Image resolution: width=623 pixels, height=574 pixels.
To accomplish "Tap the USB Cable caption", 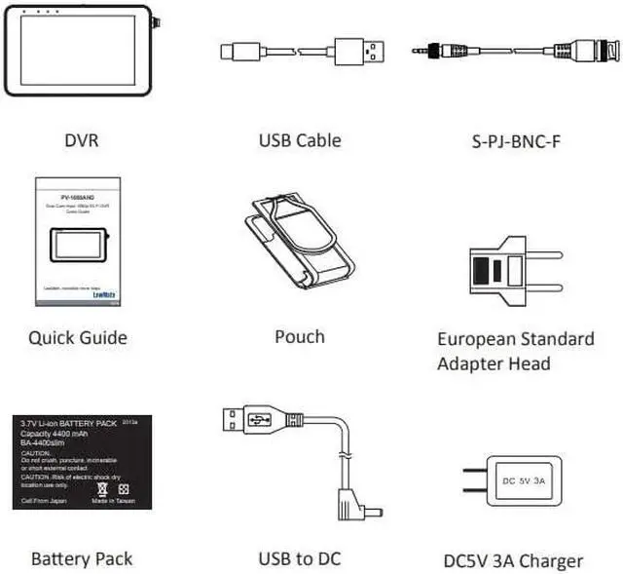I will point(300,140).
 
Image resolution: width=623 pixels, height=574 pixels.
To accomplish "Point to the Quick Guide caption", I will point(78,338).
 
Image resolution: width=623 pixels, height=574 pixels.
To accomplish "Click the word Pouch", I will point(300,337).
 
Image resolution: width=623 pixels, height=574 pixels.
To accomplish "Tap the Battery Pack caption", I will point(82,558).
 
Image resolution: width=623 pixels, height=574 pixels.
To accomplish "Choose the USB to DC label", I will point(300,558).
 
